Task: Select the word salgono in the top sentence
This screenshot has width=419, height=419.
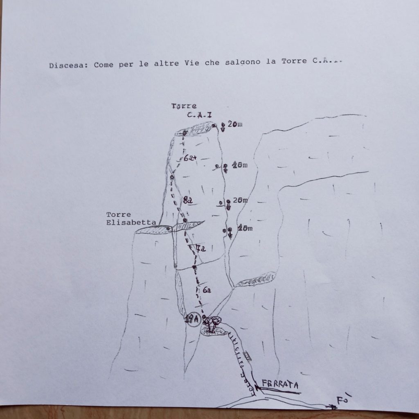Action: click(x=244, y=63)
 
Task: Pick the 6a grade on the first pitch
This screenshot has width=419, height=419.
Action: click(x=207, y=290)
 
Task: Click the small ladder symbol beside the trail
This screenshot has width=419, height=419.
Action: click(x=248, y=356)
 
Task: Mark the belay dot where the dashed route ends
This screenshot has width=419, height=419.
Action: click(x=185, y=133)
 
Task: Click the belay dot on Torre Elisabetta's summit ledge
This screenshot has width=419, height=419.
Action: click(x=169, y=228)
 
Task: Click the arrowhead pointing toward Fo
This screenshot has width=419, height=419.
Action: click(x=333, y=407)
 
